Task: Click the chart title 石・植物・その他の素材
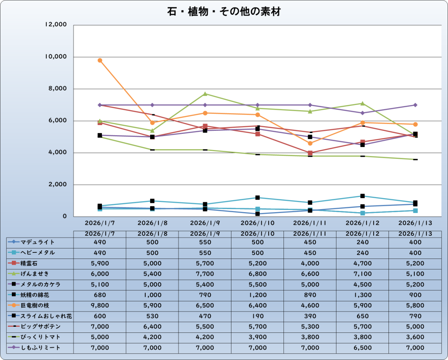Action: [x=224, y=12]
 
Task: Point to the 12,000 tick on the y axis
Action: [x=56, y=25]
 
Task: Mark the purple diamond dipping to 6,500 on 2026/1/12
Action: [x=363, y=113]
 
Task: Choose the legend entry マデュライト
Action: [x=38, y=242]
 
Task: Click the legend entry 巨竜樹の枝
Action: [x=38, y=305]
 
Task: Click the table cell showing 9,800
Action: [x=100, y=305]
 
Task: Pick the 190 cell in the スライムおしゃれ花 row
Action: [x=258, y=316]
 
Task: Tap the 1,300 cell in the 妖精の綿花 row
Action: [x=363, y=295]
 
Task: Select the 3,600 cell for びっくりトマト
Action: [x=415, y=337]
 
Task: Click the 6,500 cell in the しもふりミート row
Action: [x=363, y=348]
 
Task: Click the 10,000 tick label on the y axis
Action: [x=56, y=57]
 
